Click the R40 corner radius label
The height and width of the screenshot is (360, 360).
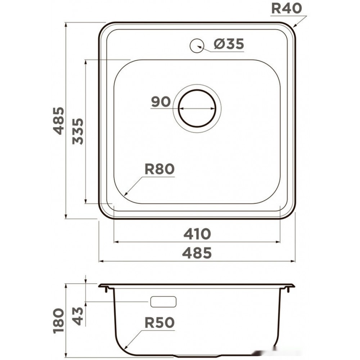point(286,9)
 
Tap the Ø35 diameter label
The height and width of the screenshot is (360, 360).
point(229,44)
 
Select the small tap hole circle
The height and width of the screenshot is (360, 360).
point(197,46)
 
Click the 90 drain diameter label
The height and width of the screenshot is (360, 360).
point(161,102)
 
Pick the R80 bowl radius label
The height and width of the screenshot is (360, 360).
point(159,169)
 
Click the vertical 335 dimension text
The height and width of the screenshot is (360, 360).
point(78,131)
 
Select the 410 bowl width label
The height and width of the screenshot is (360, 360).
point(197,234)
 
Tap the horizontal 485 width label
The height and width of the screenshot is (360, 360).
point(197,253)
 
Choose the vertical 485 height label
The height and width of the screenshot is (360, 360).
point(59,121)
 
